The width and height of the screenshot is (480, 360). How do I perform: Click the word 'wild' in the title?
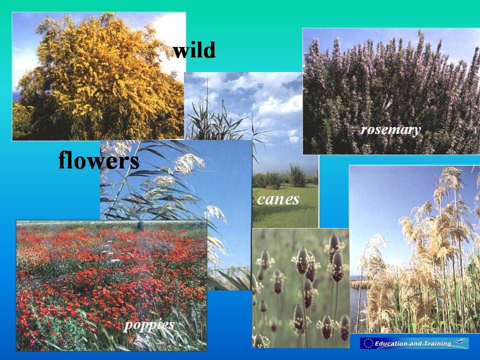coord(194,50)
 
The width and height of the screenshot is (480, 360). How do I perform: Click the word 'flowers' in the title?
coord(98,159)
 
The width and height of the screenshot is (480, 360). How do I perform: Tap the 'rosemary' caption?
coord(390,130)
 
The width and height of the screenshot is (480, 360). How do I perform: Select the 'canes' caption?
coord(278,199)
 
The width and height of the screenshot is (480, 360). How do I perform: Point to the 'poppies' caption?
coord(149,325)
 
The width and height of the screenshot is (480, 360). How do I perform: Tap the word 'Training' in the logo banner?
coord(435,343)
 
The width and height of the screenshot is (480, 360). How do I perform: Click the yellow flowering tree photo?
coord(98,76)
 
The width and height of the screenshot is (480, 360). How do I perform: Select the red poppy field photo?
coord(111,285)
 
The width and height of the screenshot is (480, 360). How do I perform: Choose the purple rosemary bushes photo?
coord(391,91)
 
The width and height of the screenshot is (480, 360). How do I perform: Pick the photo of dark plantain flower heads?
coord(300,288)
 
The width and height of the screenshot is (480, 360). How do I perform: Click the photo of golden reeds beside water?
coord(414,249)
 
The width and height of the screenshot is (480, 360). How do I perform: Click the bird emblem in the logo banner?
coord(460,341)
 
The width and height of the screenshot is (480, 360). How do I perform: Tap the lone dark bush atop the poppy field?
coord(140,226)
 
